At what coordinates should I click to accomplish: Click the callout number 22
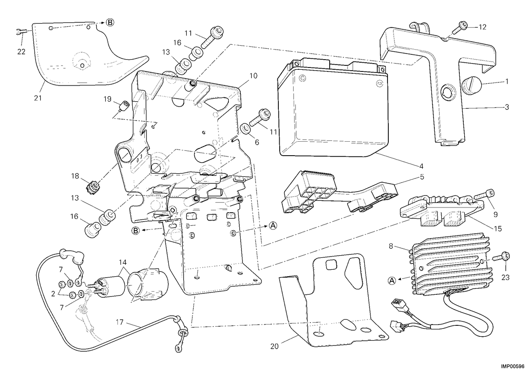21,52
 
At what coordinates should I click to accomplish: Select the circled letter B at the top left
110,22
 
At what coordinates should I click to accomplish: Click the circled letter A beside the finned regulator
391,280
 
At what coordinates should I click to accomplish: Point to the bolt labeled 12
459,27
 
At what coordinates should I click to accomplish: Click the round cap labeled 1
472,86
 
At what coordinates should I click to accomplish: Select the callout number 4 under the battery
421,166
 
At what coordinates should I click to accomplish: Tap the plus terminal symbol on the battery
303,78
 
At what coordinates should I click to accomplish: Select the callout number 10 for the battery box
253,76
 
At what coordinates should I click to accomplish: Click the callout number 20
274,346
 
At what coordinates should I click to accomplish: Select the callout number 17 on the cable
120,322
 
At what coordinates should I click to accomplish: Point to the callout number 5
422,177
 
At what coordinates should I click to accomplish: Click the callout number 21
38,98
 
